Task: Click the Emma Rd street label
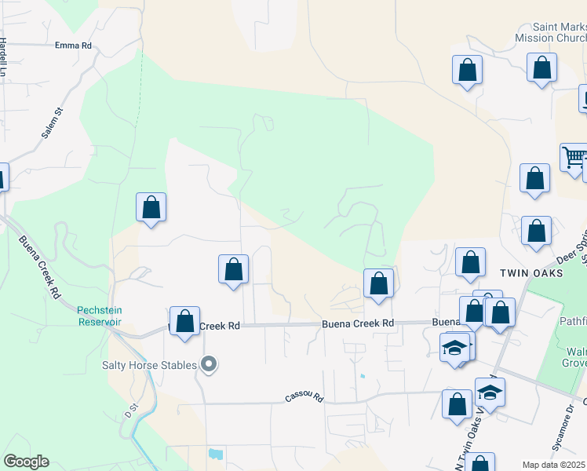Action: click(73, 46)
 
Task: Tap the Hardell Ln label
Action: click(4, 57)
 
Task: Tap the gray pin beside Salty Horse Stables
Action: click(208, 363)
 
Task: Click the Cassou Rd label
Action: click(304, 398)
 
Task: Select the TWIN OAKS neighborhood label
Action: click(531, 272)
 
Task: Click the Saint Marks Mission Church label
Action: click(549, 32)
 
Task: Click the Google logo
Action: click(26, 462)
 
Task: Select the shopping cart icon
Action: click(574, 157)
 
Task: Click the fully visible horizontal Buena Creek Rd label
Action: click(356, 323)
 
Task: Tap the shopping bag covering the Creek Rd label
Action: click(184, 321)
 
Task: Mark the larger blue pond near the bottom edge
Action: click(215, 454)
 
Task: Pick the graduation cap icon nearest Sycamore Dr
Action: click(490, 392)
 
